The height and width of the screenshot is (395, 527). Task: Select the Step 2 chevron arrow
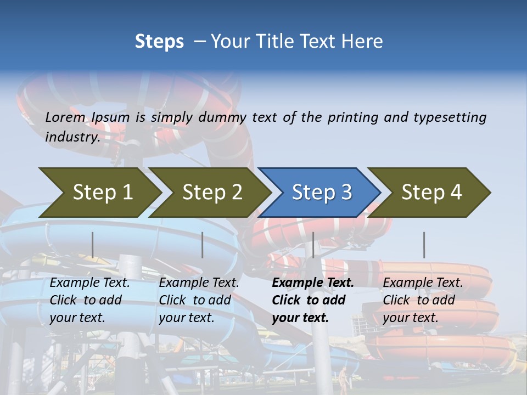[x=211, y=193]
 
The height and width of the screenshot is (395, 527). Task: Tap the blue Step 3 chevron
[x=321, y=193]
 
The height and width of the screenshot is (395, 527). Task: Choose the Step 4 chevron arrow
[x=430, y=193]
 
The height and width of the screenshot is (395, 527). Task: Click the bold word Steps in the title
[x=159, y=42]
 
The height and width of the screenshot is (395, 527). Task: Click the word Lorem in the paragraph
[x=65, y=117]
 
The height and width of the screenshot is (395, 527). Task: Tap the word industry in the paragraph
[x=72, y=137]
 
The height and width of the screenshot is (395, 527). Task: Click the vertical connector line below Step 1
[x=92, y=245]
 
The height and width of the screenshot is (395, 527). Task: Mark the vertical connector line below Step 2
[x=203, y=245]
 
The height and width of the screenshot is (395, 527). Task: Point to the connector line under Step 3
[x=313, y=245]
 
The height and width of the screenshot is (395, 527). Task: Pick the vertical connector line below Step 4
[x=424, y=245]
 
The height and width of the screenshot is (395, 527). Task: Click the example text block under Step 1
[x=89, y=300]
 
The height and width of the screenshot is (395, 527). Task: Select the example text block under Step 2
[x=199, y=300]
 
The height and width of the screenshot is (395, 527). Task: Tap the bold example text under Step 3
[x=313, y=300]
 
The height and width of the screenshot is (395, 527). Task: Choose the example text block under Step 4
[x=423, y=300]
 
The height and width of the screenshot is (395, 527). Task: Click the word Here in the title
[x=365, y=42]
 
